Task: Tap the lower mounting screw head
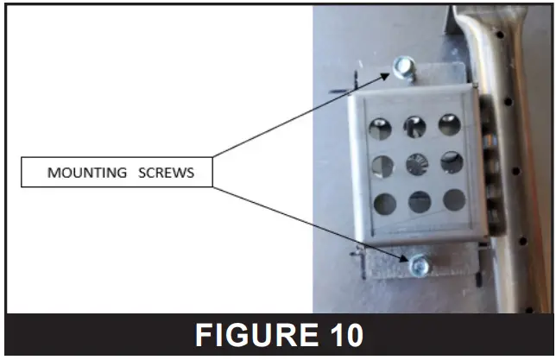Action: click(x=419, y=267)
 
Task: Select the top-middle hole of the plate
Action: click(x=414, y=127)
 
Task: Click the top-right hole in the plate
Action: click(x=449, y=124)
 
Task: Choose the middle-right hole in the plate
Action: click(x=452, y=161)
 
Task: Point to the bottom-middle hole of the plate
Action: click(x=420, y=202)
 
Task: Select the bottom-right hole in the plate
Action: click(x=454, y=199)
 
